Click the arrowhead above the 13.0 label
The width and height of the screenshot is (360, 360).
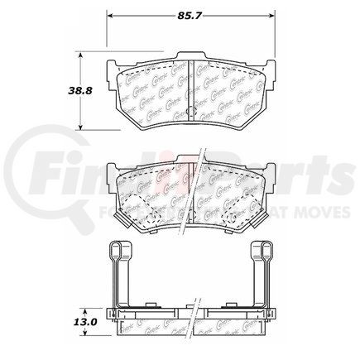pos(80,304)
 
